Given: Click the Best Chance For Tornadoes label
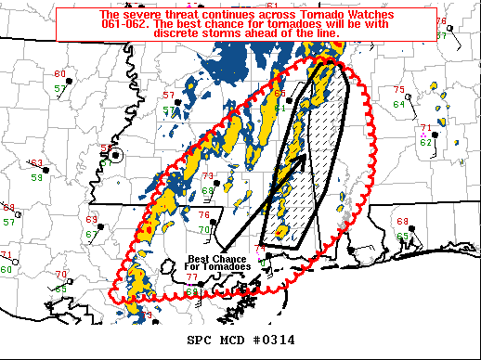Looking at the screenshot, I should pyautogui.click(x=219, y=263).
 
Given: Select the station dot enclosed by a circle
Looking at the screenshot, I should pyautogui.click(x=115, y=157).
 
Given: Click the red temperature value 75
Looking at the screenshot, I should pyautogui.click(x=399, y=90).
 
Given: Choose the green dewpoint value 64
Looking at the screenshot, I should pyautogui.click(x=398, y=104).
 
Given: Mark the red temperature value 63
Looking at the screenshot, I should pyautogui.click(x=35, y=162).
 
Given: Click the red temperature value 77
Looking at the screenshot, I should pyautogui.click(x=190, y=277).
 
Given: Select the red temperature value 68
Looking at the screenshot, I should pyautogui.click(x=402, y=222).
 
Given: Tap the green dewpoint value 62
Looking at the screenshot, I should pyautogui.click(x=424, y=142).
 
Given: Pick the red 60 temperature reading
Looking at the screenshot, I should pyautogui.click(x=59, y=74).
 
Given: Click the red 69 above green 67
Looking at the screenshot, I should pyautogui.click(x=92, y=220).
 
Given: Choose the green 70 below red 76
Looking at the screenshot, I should pyautogui.click(x=203, y=229).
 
